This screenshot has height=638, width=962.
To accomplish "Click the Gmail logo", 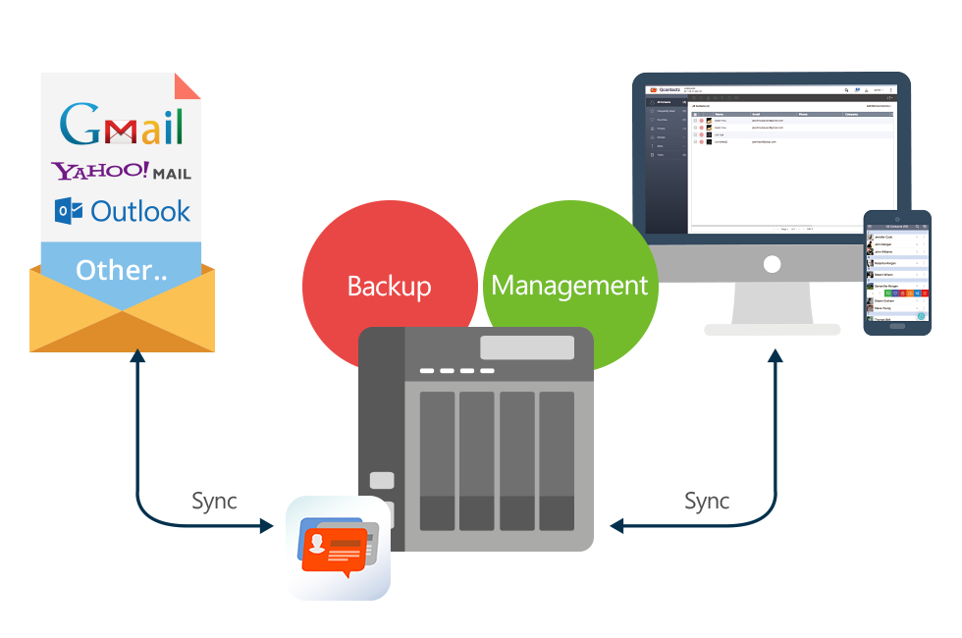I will (x=122, y=125).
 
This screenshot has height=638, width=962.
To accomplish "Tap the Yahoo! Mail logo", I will (x=122, y=172).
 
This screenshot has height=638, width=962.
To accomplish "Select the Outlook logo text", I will (x=140, y=211).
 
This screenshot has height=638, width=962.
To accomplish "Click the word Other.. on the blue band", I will (x=121, y=270).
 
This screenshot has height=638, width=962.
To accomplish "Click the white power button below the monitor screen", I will (x=772, y=265).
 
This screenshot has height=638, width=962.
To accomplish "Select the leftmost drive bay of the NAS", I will (x=437, y=461).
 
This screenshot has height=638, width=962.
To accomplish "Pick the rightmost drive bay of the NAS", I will (x=557, y=461).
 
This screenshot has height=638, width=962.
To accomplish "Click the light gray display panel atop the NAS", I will (x=527, y=347).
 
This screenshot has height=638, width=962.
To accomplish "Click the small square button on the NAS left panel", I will (x=382, y=480).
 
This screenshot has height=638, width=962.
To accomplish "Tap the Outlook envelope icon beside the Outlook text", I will (x=69, y=211).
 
